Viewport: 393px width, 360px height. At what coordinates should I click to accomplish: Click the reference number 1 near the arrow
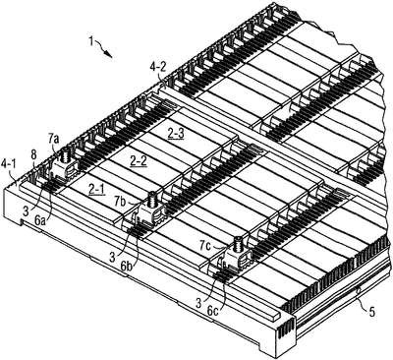pos(91,42)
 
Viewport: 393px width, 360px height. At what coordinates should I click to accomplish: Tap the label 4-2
pos(158,68)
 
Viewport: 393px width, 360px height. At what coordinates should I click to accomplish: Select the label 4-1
pos(8,162)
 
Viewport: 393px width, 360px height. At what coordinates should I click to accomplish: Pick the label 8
pos(33,155)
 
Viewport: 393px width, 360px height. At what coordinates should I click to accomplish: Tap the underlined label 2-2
pos(139,160)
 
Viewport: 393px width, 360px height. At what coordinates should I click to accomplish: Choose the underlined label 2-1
pos(97,189)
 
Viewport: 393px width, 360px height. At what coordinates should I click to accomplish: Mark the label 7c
pos(206,244)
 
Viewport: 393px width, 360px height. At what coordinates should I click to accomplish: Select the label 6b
pos(127,267)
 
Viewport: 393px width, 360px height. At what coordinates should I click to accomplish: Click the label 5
pos(372,312)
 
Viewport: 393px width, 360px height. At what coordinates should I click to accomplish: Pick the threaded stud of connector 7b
pos(152,198)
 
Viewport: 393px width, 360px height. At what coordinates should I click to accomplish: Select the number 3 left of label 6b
pos(112,257)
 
